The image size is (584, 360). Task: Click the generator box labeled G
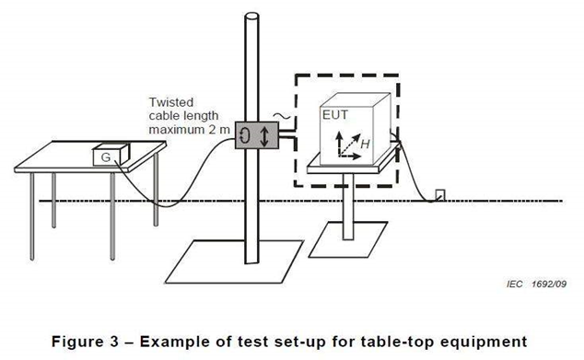point(111,155)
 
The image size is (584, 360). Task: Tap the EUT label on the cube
point(334,115)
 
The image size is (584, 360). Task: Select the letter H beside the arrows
point(365,144)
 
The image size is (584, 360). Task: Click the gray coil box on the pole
point(257,135)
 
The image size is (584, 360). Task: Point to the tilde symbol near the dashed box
point(282,117)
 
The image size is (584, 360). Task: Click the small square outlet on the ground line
point(440,195)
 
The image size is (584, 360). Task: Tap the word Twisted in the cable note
point(171,102)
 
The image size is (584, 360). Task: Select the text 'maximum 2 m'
point(189,130)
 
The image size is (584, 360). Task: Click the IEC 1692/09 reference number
point(536,285)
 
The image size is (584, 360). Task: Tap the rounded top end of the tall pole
point(251,17)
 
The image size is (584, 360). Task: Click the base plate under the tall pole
point(234,261)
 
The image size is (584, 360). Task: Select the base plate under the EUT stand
point(348,239)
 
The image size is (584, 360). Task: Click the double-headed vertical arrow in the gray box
point(264,136)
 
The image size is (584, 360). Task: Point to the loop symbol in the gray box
point(245,134)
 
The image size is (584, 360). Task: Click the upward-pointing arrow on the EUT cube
point(339,144)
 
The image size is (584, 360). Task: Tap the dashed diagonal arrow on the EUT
point(350,145)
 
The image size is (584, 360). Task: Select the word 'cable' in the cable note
point(165,116)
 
